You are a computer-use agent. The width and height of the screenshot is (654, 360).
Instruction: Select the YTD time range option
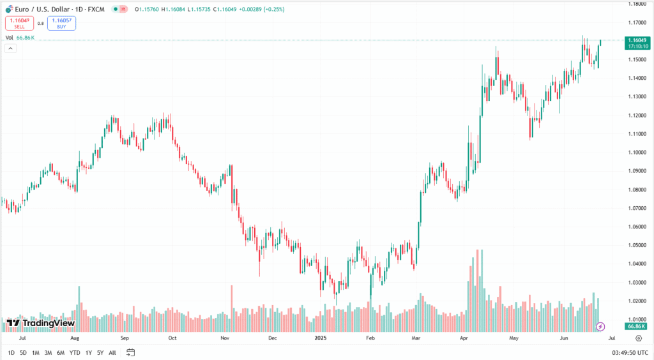pos(75,352)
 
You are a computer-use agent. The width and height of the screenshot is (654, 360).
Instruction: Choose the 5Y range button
pos(100,352)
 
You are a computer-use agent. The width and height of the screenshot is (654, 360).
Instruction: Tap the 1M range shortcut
pos(36,352)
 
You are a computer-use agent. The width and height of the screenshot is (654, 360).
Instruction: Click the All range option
pos(112,352)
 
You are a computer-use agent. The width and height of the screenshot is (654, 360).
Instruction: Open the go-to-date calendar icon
pos(131,352)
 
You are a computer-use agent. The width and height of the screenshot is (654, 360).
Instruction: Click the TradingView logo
pos(41,323)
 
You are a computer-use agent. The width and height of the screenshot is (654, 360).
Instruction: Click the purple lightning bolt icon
pos(600,327)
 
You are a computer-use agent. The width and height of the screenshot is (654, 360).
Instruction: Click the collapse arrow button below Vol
pos(10,49)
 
